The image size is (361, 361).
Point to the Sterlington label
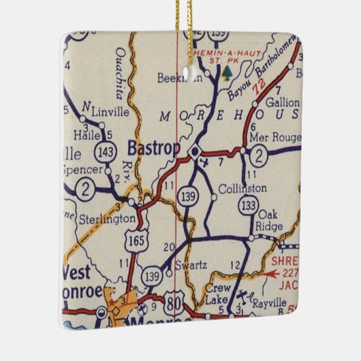[108, 218]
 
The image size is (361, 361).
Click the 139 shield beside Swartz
[152, 275]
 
